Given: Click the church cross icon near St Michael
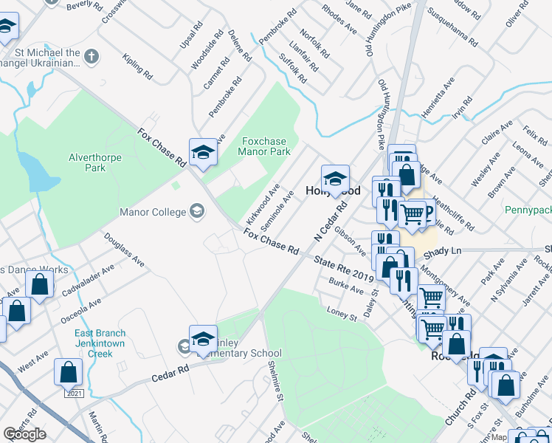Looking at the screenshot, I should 91,56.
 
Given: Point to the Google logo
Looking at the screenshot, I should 24,434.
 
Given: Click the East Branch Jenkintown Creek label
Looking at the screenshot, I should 100,343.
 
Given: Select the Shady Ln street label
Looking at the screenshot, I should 446,251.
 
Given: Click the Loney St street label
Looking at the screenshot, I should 342,315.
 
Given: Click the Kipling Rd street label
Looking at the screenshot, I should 138,66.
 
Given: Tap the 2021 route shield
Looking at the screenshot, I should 74,394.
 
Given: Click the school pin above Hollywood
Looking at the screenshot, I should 335,179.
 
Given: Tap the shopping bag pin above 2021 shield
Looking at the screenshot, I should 69,371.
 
